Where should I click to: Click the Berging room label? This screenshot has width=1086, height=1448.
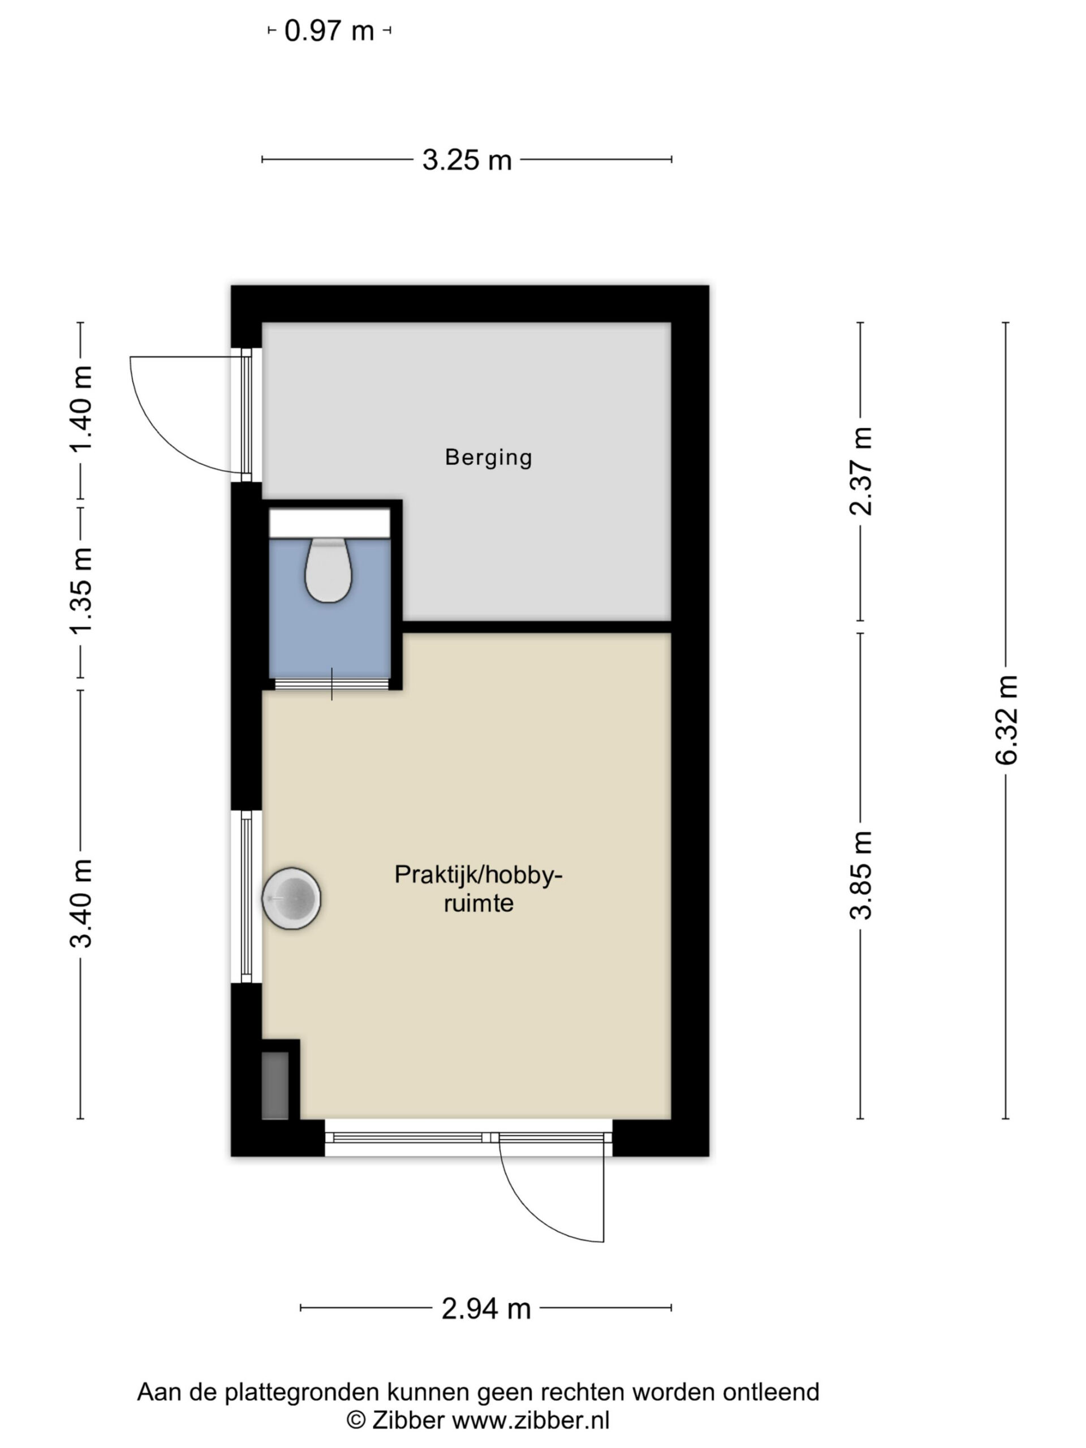pos(488,457)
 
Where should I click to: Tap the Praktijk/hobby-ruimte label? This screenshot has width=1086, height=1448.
pos(478,888)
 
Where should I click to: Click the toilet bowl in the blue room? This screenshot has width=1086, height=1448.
pos(329,570)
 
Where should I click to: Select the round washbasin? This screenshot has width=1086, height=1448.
pos(291,898)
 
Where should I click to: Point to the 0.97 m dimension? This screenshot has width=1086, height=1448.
pos(329,31)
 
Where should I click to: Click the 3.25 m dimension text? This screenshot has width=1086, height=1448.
pos(467,160)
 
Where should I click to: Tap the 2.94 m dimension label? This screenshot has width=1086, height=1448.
pos(486,1308)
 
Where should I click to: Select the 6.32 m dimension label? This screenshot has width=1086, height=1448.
pos(1006,719)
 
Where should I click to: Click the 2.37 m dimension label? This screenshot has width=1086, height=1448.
pos(861,471)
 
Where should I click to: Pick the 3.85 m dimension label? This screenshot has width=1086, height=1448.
pos(861,875)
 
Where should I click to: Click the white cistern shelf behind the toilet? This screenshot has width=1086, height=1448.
pos(329,524)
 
